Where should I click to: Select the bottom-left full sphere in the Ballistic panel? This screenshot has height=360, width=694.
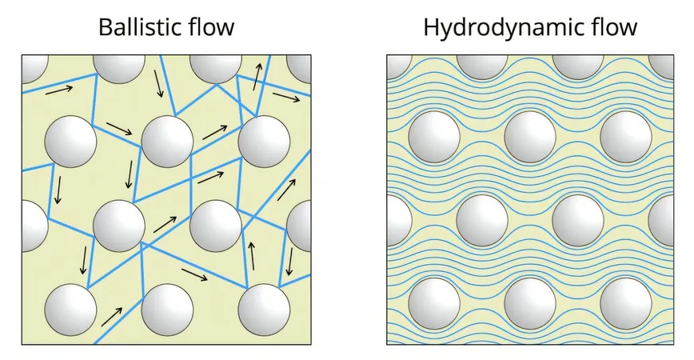tap(71, 310)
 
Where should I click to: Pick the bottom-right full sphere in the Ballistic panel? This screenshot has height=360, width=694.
tap(264, 310)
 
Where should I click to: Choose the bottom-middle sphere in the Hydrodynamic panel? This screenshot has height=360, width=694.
tap(530, 304)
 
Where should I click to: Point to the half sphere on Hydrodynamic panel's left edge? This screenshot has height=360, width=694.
tap(399, 220)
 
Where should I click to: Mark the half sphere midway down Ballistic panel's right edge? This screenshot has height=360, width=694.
tap(299, 226)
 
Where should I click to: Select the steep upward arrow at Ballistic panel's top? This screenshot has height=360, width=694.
tap(257, 76)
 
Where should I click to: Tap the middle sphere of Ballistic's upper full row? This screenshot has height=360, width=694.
tap(167, 142)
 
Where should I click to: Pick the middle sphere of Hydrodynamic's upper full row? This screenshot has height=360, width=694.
tap(530, 136)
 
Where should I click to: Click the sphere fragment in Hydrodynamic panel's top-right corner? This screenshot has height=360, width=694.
tap(661, 67)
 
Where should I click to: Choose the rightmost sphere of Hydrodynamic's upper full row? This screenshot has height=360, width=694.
tap(626, 136)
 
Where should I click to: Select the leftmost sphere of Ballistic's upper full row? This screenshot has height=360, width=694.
tap(71, 142)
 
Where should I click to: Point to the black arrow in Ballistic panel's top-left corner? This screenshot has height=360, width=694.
tap(59, 90)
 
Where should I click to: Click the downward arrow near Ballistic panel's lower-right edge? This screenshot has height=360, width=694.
tap(290, 262)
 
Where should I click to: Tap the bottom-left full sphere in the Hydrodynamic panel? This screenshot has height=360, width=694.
tap(434, 304)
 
